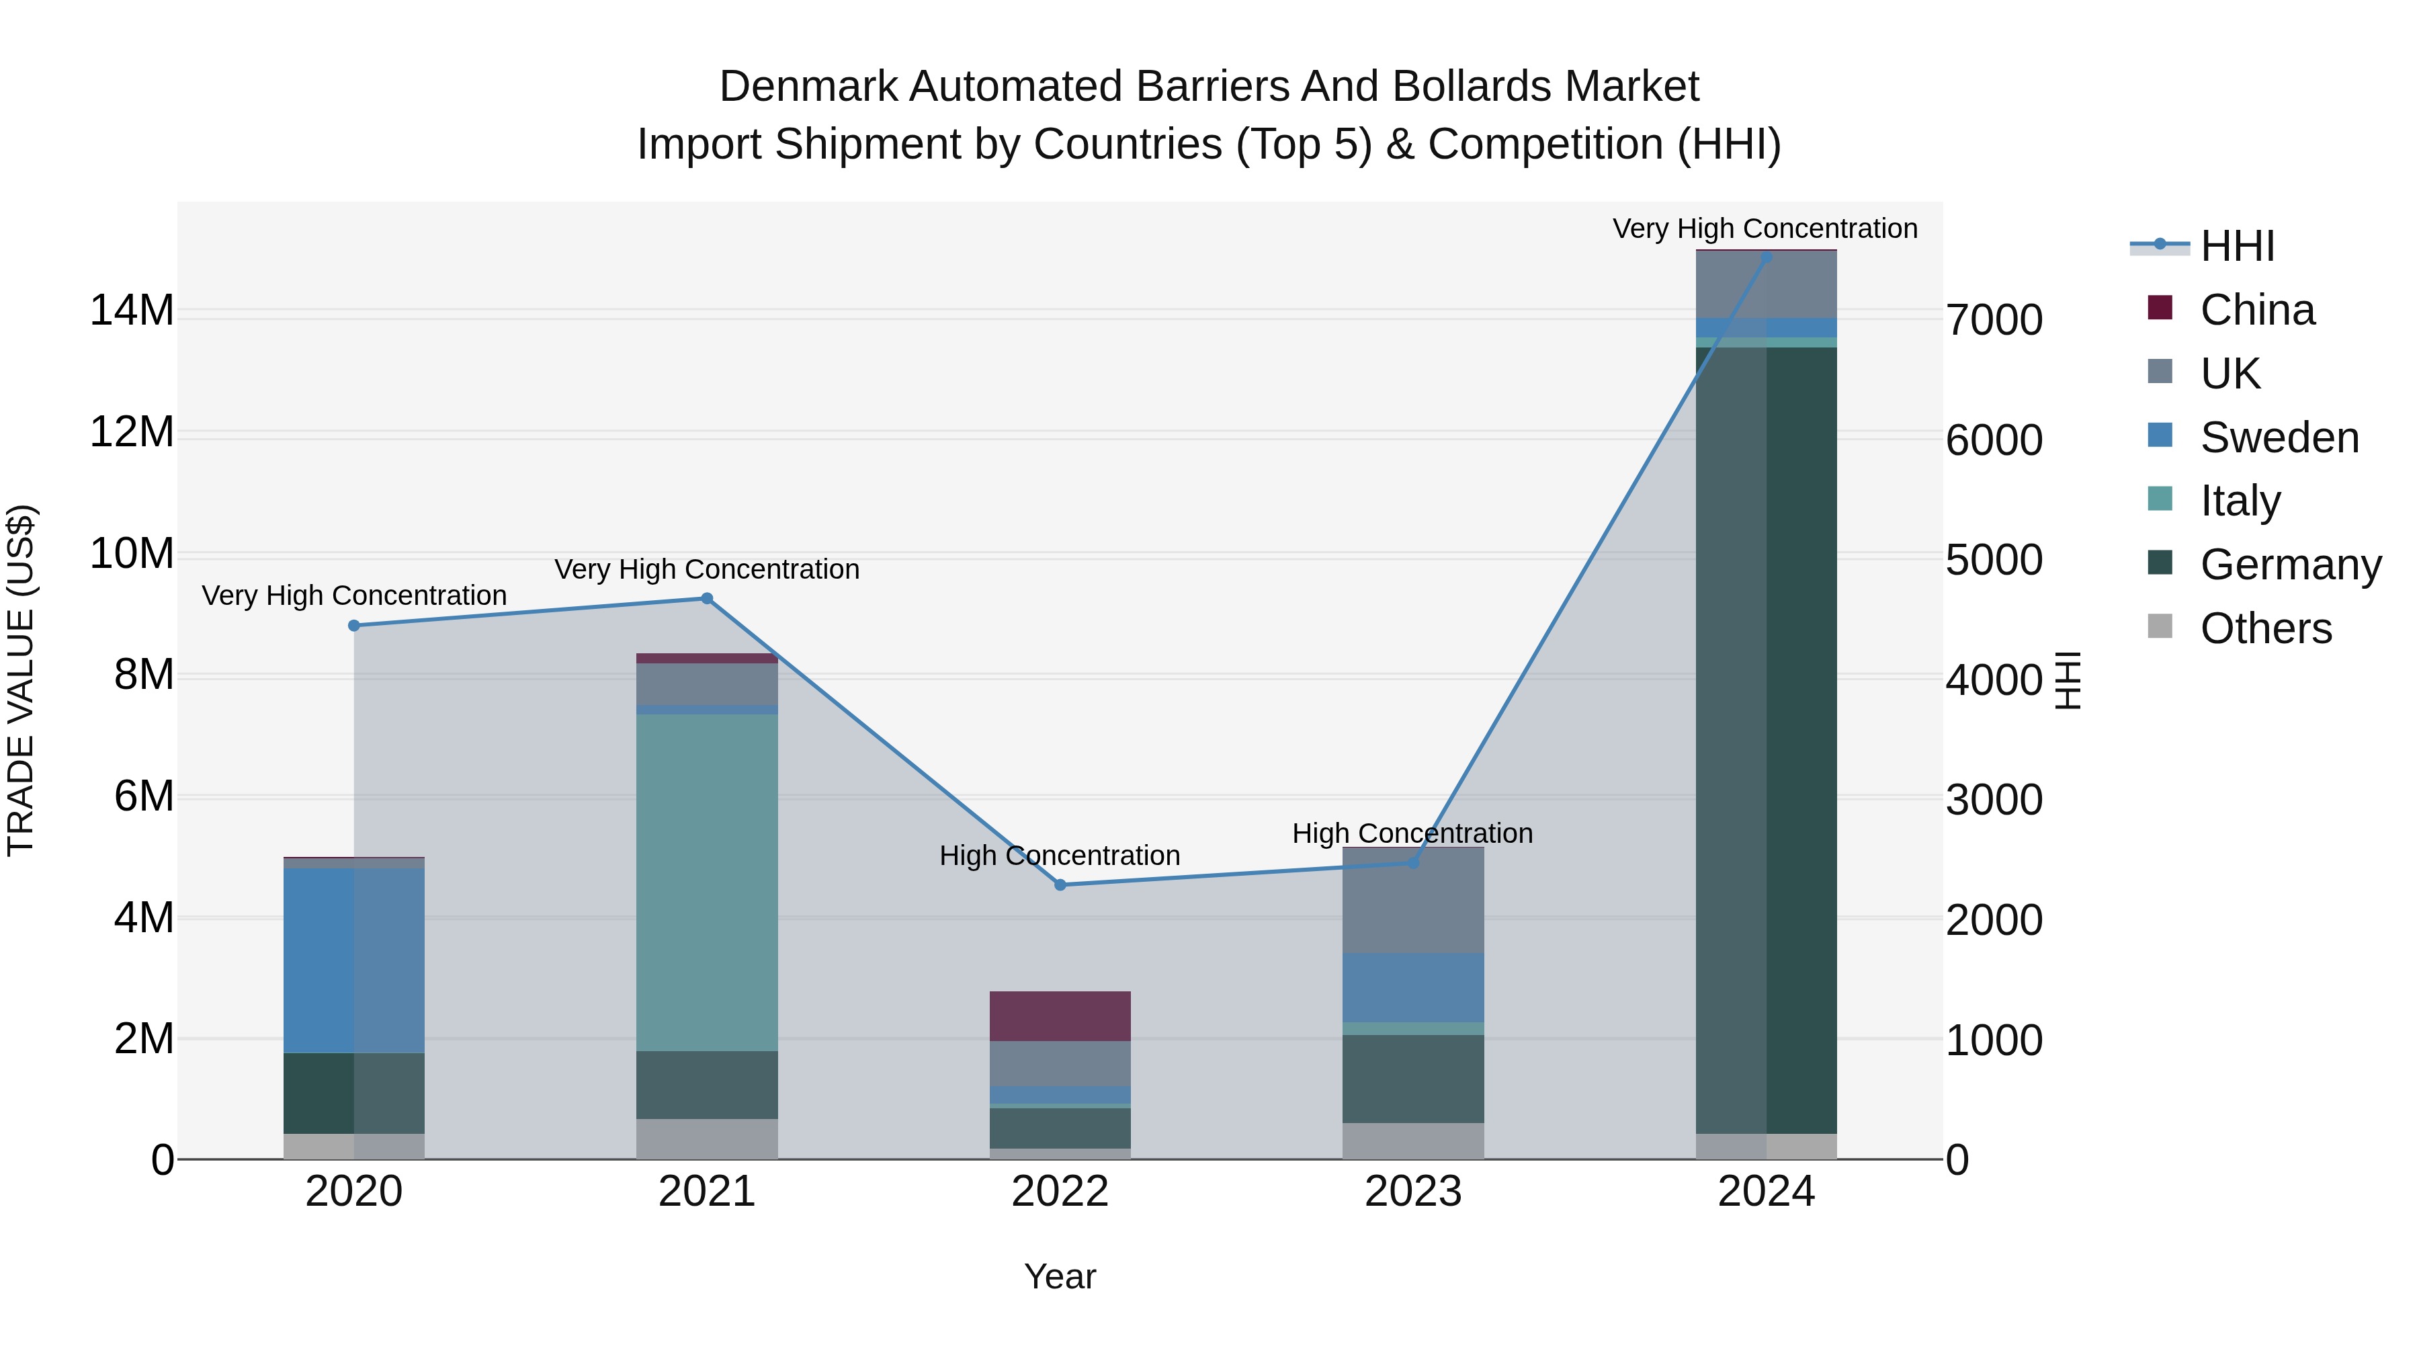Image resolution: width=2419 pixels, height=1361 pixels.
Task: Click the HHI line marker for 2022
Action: tap(1060, 884)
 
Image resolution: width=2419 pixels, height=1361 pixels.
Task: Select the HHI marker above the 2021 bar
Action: tap(707, 598)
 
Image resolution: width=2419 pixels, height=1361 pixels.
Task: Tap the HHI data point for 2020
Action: tap(354, 626)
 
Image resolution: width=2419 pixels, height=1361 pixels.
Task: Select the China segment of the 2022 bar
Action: tap(1060, 1016)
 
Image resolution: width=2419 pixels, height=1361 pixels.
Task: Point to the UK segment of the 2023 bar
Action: tap(1413, 900)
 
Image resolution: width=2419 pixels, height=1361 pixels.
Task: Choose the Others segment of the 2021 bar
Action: tap(707, 1139)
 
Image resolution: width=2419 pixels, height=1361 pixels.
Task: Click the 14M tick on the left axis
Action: tap(132, 310)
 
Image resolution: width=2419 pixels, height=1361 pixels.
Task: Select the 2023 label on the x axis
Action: tap(1413, 1192)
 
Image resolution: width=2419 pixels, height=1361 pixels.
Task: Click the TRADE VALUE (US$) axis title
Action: tap(21, 680)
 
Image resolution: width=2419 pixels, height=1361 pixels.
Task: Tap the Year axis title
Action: tap(1060, 1276)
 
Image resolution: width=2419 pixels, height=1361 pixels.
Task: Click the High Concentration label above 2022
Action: tap(1060, 856)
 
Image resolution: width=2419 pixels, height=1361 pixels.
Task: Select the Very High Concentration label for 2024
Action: tap(1765, 229)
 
